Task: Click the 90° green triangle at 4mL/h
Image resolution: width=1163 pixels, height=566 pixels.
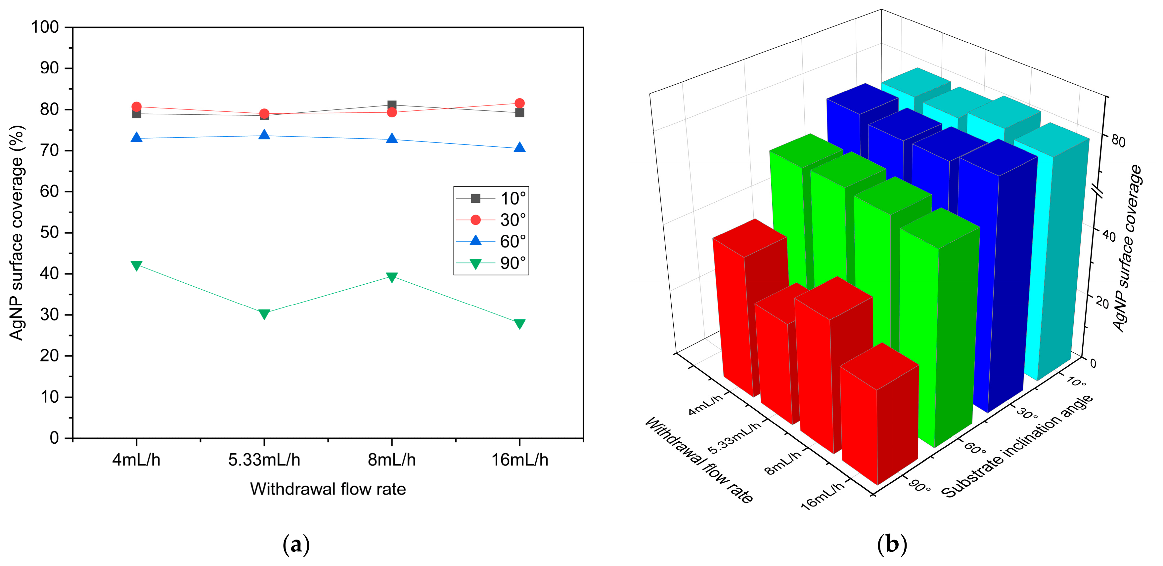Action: [x=136, y=265]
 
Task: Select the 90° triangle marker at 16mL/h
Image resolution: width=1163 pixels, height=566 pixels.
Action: [x=520, y=324]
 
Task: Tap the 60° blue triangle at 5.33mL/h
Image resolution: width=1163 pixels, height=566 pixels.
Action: [x=264, y=135]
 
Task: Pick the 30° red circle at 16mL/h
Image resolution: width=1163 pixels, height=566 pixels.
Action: [x=520, y=103]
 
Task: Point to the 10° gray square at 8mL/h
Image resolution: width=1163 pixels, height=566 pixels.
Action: [x=392, y=105]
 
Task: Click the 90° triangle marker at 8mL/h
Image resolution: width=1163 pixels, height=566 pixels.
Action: [x=392, y=277]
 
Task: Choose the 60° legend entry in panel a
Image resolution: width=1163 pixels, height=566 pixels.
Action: [x=491, y=241]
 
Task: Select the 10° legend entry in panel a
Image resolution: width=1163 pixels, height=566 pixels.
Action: [x=491, y=198]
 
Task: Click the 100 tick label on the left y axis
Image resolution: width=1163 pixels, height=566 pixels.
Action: [x=45, y=27]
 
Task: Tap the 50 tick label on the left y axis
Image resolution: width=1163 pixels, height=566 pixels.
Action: [x=49, y=232]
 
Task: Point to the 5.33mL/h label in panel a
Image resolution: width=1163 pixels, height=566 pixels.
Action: [x=264, y=460]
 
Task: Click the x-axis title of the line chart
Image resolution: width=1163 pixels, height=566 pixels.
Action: [x=328, y=489]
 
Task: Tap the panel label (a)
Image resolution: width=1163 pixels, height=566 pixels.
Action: [x=296, y=545]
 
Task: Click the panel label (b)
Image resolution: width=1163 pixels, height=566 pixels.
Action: [x=892, y=545]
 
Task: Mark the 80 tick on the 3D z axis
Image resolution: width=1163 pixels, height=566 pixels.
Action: [x=1118, y=141]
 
